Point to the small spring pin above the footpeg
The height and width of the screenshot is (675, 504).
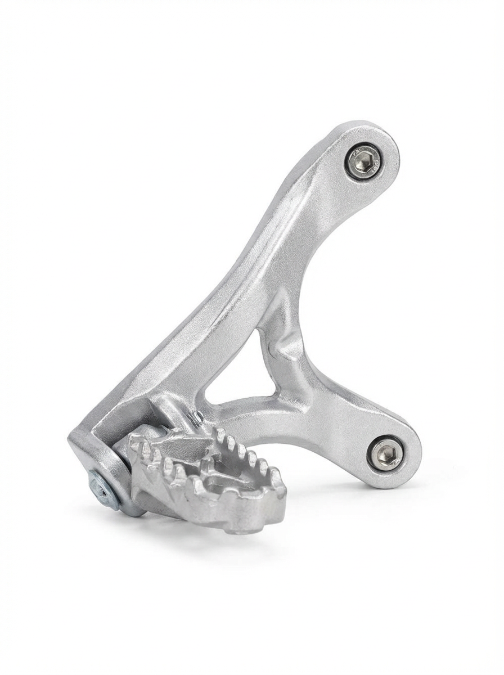[x=197, y=417]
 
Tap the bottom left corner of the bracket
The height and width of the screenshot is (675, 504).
[x=76, y=442]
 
